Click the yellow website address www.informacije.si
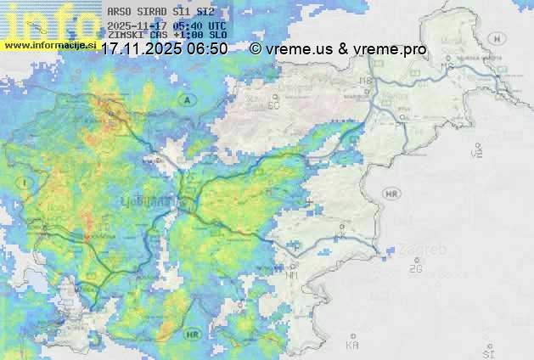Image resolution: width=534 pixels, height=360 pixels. tap(49, 45)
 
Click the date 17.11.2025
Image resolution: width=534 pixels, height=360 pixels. tap(143, 49)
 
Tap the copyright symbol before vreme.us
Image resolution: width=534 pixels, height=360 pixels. tap(256, 49)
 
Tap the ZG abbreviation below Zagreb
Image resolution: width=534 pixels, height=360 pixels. tap(415, 269)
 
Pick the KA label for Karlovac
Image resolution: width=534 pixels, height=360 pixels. tap(352, 346)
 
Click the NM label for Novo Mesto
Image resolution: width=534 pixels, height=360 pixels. tap(293, 276)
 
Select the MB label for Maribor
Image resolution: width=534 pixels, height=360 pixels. tap(367, 82)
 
